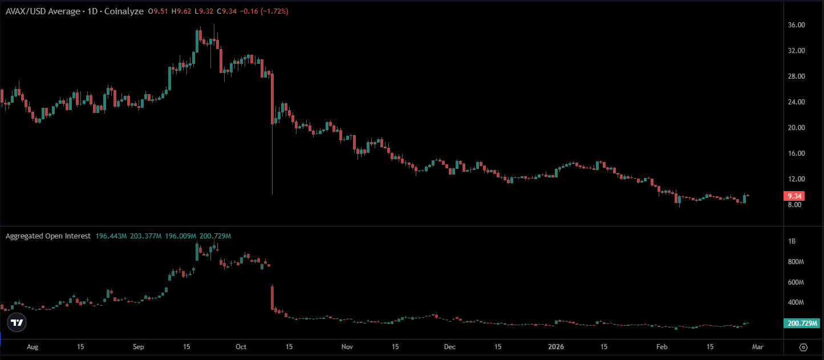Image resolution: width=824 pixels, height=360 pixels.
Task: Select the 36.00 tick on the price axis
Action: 795,25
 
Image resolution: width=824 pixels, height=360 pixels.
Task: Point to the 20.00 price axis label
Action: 795,128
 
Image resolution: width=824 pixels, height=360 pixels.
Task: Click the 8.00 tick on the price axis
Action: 794,205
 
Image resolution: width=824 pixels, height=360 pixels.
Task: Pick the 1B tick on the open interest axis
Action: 791,242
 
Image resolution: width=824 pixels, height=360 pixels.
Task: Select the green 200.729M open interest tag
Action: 801,323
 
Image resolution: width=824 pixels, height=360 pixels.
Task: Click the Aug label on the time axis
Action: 33,347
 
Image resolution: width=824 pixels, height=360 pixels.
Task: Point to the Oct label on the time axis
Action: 241,347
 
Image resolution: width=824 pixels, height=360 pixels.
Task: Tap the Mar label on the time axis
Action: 757,347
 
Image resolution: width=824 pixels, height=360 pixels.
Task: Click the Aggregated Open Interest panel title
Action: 48,236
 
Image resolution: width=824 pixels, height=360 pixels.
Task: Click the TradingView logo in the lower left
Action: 17,322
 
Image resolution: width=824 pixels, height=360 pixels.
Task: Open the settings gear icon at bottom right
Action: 803,347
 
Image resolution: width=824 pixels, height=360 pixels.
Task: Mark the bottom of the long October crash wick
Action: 273,194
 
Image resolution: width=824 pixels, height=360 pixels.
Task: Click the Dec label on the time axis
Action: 450,347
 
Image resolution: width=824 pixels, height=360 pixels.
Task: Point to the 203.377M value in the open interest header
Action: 145,236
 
